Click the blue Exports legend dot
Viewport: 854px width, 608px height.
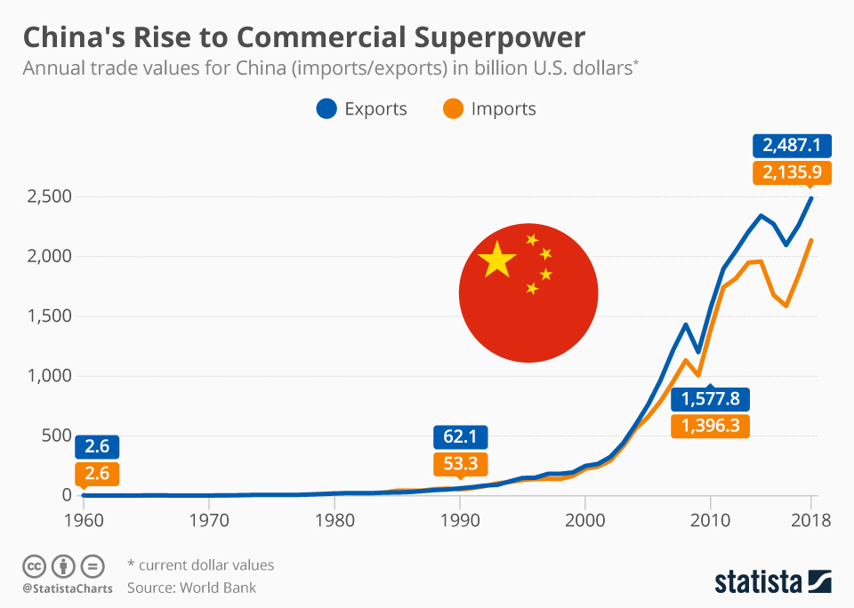326,109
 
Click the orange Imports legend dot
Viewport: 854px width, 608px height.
453,109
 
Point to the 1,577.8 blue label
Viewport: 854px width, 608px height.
711,399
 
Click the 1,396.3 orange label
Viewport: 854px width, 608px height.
711,426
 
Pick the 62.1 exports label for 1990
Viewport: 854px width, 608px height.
459,436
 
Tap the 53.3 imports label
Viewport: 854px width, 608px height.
459,463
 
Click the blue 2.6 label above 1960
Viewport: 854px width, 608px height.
97,447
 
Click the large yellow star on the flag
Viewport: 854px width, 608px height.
496,261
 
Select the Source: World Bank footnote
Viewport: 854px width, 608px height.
191,587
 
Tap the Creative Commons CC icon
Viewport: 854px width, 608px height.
34,565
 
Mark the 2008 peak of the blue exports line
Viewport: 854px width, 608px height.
685,324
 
